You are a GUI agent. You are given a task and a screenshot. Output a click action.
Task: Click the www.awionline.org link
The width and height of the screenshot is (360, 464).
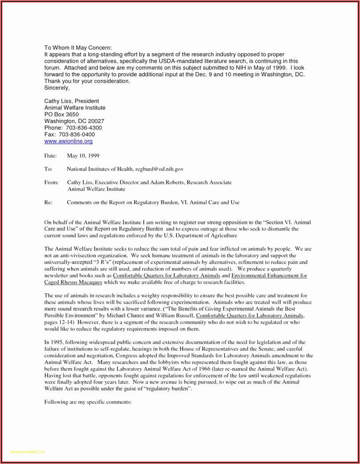coord(69,141)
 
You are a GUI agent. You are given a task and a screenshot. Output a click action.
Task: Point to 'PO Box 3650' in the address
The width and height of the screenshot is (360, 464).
coord(61,114)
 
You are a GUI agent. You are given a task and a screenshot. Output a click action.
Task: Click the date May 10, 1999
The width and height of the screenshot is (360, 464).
coord(83,155)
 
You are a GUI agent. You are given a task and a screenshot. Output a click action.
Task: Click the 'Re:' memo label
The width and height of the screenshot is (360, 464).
coord(48,202)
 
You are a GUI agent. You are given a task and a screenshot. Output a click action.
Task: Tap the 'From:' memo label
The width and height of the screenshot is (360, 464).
coord(51,182)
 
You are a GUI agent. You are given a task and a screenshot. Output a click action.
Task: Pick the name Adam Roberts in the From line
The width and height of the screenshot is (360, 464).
coord(166,182)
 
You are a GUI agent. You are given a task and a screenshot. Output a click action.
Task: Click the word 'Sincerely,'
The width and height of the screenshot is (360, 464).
coord(57,88)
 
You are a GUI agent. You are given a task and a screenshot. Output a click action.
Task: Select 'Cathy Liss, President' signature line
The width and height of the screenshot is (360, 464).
coord(72,101)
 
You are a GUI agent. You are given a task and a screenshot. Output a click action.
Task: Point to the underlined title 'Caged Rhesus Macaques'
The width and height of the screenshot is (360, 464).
coord(73,282)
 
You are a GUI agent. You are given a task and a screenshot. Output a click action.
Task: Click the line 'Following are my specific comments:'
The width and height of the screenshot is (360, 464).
coord(88,402)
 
